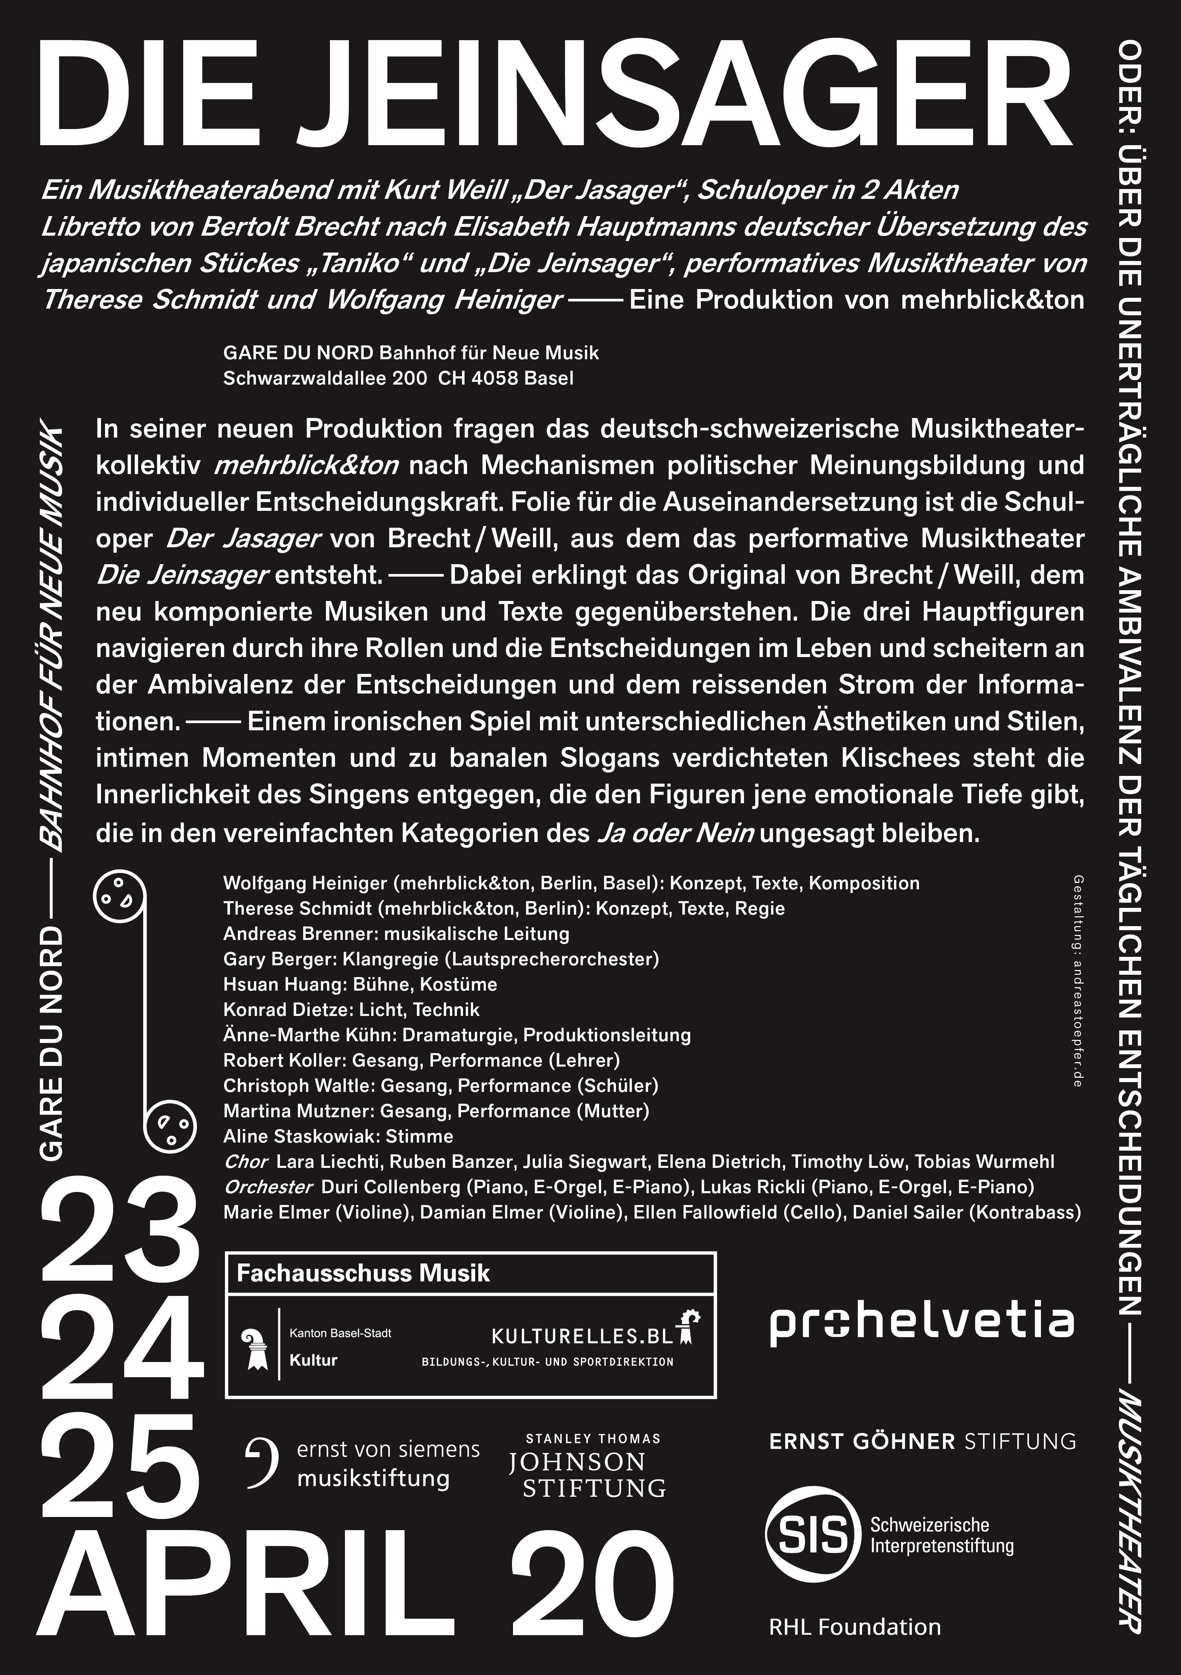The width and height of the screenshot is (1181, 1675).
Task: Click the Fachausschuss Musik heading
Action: click(363, 1274)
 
